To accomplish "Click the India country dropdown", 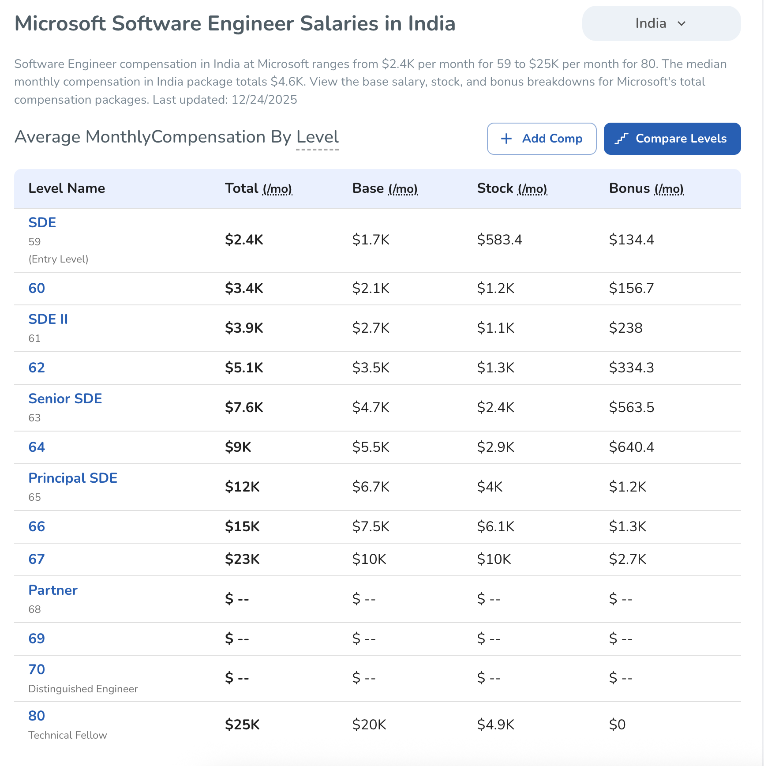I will [661, 23].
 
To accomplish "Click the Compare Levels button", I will [672, 139].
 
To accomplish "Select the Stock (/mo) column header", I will [512, 188].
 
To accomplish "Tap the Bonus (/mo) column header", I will [646, 188].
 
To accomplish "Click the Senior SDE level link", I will [65, 398].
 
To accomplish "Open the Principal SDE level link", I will [73, 478].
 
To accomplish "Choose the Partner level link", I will [53, 590].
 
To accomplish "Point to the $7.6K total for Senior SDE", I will [244, 407].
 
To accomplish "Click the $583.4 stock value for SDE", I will [499, 240].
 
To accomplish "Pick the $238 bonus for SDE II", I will [625, 328].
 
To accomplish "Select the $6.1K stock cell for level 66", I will [495, 526].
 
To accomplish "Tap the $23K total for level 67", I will [242, 559].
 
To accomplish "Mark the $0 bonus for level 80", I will [617, 725].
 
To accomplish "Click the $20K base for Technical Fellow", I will [369, 725].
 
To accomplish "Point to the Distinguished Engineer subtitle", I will [83, 689].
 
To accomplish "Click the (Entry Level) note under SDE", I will [58, 259].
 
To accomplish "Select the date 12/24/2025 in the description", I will [264, 100].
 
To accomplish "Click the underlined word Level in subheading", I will [317, 137].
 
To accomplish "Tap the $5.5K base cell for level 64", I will [371, 447].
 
